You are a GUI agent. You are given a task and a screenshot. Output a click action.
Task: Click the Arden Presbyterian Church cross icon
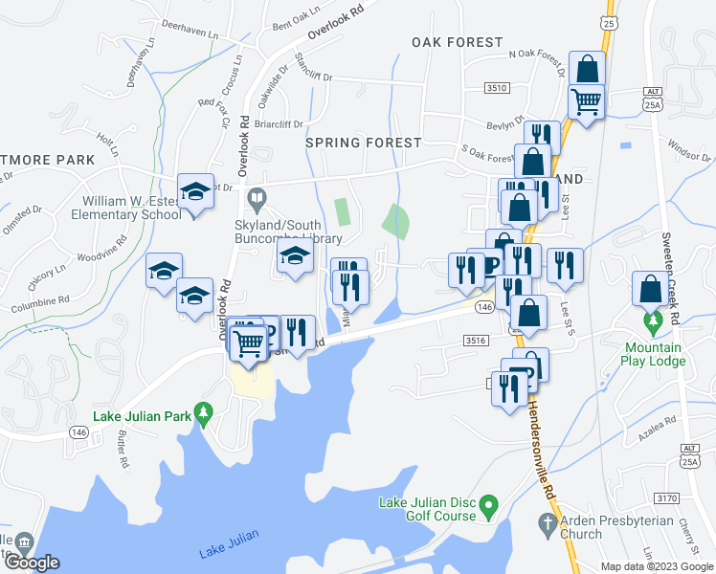point(546,523)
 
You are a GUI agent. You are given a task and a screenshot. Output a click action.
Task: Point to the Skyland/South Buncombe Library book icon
point(256,200)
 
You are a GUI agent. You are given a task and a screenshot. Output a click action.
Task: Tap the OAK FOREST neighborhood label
point(457,42)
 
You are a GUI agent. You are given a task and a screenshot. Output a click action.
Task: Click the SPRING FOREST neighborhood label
point(363,143)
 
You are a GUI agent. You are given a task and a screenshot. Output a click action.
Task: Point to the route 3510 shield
point(496,87)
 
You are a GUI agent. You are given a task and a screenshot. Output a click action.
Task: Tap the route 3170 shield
point(666,497)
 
